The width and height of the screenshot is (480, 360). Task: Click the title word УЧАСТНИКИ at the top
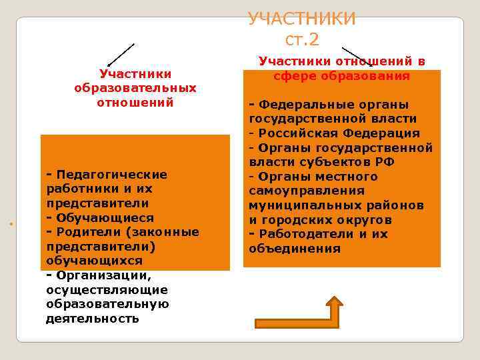click(x=301, y=19)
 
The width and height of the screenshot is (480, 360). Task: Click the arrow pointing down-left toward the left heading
click(x=121, y=55)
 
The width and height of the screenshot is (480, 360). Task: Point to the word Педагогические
click(x=111, y=174)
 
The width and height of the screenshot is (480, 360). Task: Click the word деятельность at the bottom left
click(x=93, y=319)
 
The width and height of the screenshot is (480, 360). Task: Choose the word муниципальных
click(x=297, y=205)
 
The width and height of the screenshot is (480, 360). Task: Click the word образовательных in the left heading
click(x=135, y=88)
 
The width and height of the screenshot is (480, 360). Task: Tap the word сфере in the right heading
click(x=293, y=75)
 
